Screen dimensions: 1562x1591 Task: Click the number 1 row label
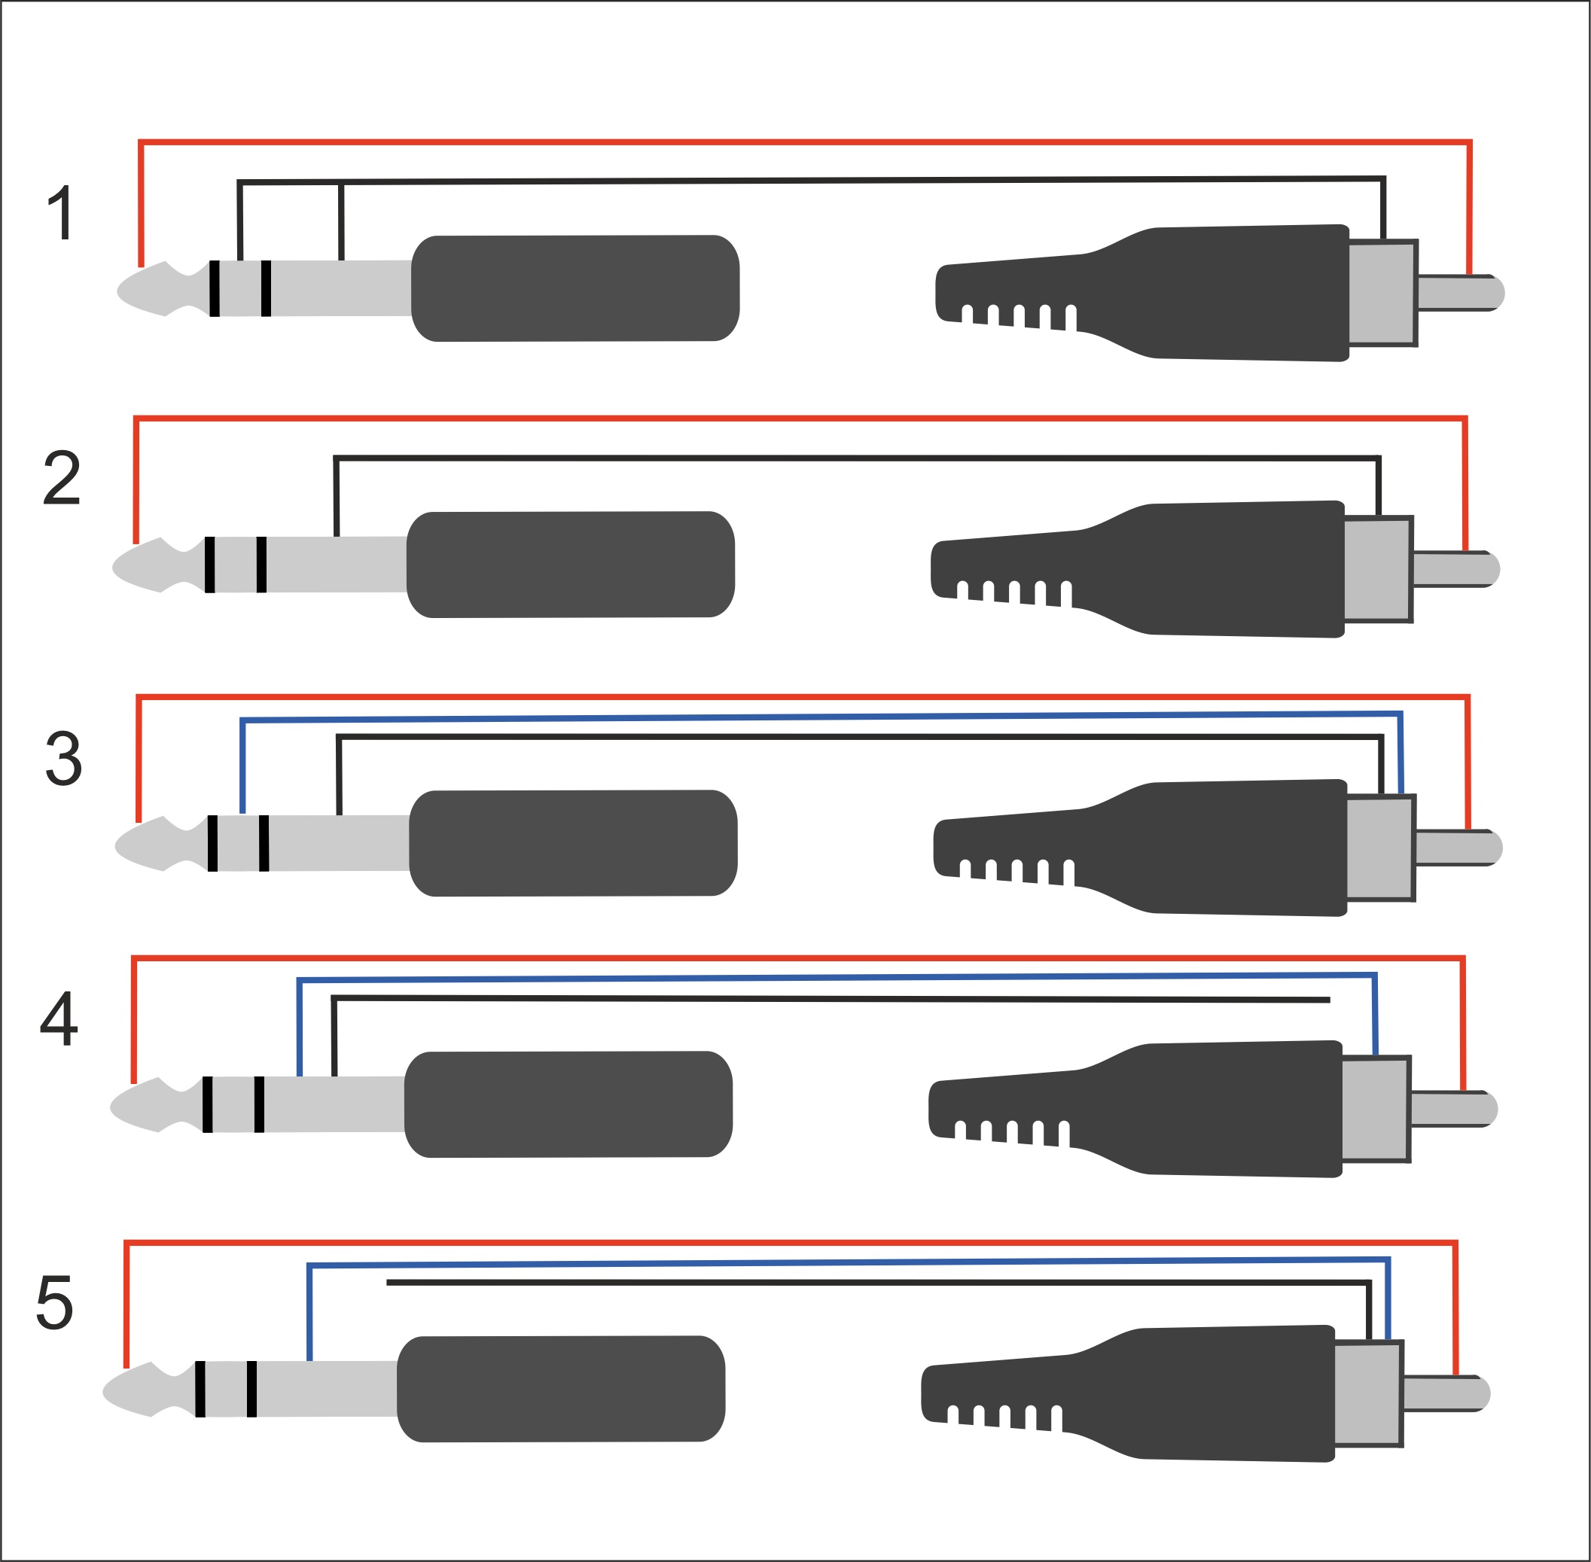62,213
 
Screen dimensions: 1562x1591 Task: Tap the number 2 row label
62,477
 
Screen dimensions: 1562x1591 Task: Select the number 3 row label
63,759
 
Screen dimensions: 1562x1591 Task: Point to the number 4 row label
59,1019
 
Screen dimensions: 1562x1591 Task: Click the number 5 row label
55,1302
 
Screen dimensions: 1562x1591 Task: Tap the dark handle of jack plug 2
570,565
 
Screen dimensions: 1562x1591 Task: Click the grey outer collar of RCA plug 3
1379,848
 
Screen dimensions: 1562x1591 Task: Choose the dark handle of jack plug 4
568,1104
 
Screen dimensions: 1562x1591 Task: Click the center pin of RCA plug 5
1445,1393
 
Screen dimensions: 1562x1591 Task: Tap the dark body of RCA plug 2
1215,569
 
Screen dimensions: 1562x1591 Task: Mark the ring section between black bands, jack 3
238,843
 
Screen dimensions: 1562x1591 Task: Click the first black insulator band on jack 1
214,288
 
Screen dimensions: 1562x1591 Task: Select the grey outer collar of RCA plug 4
1375,1109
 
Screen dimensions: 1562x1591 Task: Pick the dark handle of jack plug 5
560,1389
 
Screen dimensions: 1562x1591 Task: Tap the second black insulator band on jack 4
259,1104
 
